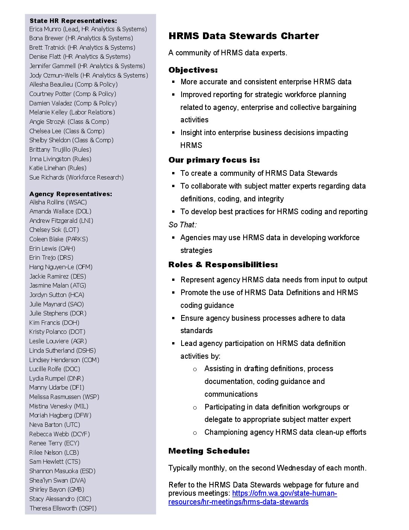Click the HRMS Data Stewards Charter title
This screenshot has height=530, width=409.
[x=244, y=36]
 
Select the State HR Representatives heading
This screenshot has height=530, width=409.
[x=73, y=21]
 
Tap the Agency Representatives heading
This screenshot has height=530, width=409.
[x=71, y=194]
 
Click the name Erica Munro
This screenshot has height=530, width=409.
[x=45, y=29]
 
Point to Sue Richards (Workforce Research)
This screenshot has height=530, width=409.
[x=76, y=177]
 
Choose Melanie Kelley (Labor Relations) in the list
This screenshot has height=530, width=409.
[x=72, y=112]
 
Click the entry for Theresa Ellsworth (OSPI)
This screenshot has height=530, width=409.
[x=63, y=508]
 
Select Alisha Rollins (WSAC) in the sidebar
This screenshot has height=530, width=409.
[x=58, y=202]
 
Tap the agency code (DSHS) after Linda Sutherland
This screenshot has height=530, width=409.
[x=86, y=350]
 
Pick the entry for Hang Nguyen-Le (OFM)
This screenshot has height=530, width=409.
[x=61, y=267]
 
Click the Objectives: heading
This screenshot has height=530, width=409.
[x=193, y=70]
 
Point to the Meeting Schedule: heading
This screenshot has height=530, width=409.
[x=209, y=451]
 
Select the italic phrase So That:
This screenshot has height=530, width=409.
[x=182, y=225]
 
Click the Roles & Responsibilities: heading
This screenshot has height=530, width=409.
[x=223, y=265]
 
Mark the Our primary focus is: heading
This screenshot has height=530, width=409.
[x=214, y=160]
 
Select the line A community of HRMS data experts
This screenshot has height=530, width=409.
[x=228, y=53]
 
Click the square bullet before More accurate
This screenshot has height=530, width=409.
[x=173, y=82]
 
